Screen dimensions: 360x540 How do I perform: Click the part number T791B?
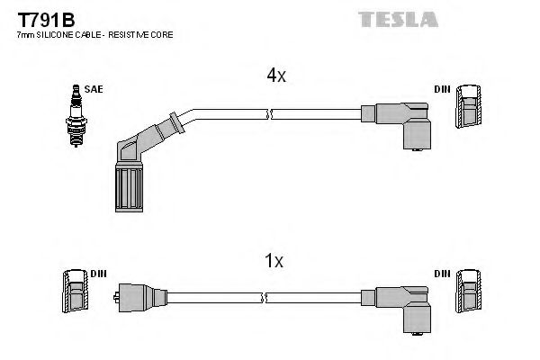coord(41,18)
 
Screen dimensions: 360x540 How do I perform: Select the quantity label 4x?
coord(275,76)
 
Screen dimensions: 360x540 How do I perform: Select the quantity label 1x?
coord(275,261)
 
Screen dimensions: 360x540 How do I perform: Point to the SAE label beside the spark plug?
coord(94,88)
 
